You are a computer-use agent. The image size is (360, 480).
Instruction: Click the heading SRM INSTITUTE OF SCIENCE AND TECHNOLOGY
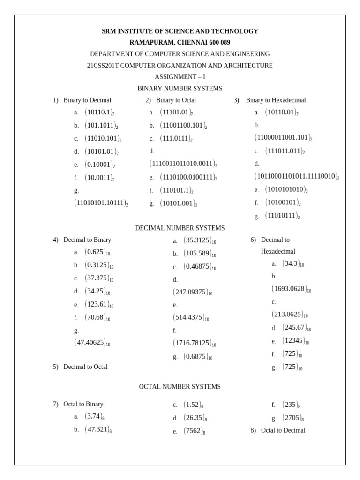pos(180,31)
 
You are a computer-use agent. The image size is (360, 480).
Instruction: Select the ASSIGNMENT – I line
pos(180,77)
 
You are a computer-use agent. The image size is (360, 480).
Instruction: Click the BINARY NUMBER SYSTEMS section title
pos(180,88)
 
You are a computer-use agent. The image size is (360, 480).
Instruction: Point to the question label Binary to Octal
pos(176,100)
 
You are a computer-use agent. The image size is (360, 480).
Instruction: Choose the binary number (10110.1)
pos(99,112)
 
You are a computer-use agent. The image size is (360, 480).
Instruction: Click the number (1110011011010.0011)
pos(183,164)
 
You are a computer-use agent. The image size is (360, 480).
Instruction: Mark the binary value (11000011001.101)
pos(283,138)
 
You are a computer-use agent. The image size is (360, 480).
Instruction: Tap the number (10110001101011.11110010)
pos(297,177)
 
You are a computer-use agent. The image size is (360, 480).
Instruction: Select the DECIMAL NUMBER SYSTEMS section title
pos(180,228)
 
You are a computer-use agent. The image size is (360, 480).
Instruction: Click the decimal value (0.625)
pos(97,252)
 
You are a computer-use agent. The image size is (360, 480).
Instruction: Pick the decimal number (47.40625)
pos(92,343)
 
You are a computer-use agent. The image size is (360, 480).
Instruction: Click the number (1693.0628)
pos(291,289)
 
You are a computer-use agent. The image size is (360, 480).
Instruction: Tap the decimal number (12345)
pos(295,341)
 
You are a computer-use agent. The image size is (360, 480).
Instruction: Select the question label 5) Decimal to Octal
pos(80,367)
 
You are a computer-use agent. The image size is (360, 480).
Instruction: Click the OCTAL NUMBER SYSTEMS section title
pos(180,387)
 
